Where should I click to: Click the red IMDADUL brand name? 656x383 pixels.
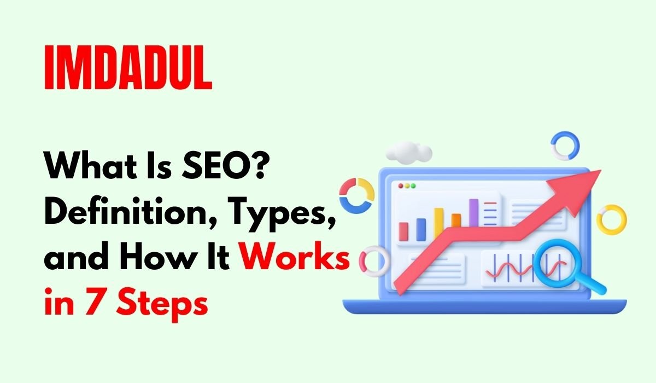pyautogui.click(x=128, y=69)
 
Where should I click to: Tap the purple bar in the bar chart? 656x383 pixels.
pyautogui.click(x=473, y=212)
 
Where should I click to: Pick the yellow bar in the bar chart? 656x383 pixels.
pyautogui.click(x=438, y=223)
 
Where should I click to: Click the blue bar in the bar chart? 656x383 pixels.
pyautogui.click(x=421, y=229)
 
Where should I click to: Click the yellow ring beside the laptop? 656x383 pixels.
pyautogui.click(x=611, y=219)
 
